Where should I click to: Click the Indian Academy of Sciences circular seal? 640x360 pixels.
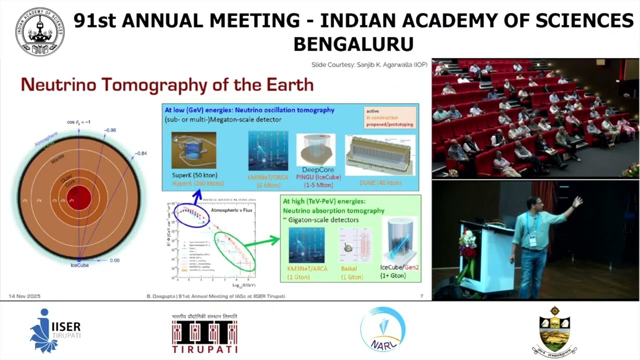pos(39,31)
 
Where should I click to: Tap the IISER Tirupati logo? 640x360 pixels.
pos(55,330)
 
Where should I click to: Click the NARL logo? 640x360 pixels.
pos(383,330)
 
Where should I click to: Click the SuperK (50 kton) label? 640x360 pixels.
pos(194,175)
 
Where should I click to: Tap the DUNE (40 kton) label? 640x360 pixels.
pos(380,183)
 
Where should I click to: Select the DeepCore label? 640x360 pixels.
pos(317,170)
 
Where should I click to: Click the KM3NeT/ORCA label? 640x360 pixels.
pos(268,177)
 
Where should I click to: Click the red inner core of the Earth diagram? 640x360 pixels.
pos(79,198)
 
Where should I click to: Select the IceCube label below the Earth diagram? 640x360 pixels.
pos(79,265)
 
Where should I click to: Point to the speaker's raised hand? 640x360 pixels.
pos(577,201)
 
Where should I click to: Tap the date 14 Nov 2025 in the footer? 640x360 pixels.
pos(24,296)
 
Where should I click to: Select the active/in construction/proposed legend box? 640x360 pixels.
pos(389,117)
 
